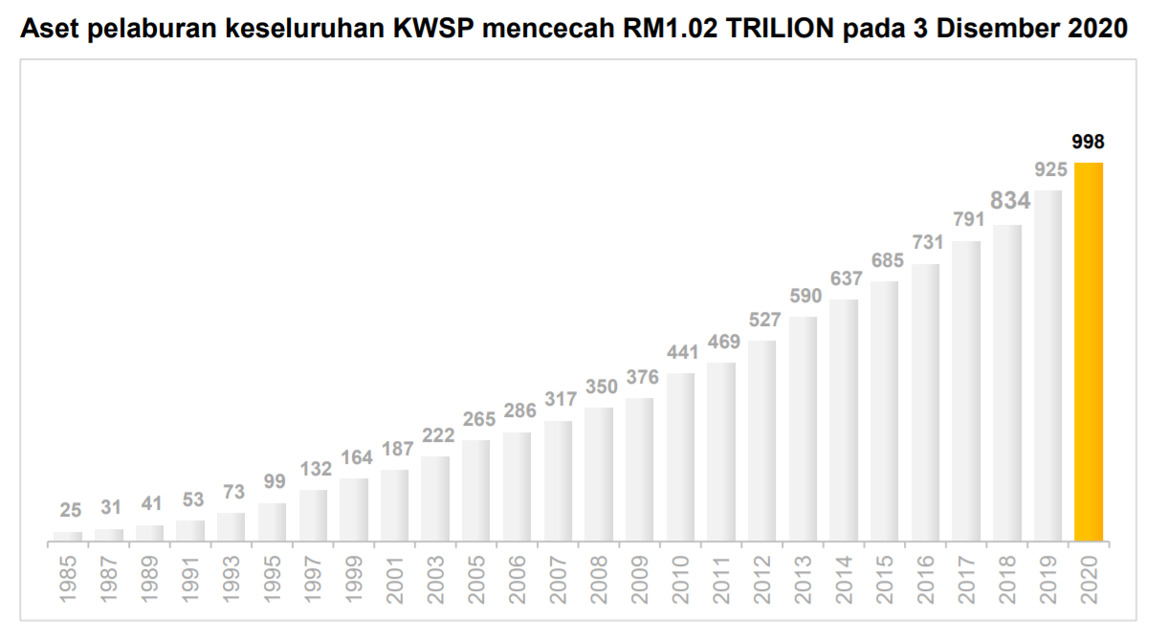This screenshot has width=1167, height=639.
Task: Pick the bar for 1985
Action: pyautogui.click(x=68, y=536)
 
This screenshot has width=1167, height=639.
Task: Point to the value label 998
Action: pyautogui.click(x=1089, y=143)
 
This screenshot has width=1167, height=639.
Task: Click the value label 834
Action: pyautogui.click(x=1008, y=201)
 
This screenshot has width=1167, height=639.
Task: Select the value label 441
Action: pyautogui.click(x=681, y=353)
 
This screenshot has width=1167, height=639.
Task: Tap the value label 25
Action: pyautogui.click(x=70, y=510)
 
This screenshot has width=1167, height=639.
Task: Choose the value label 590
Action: pyautogui.click(x=804, y=296)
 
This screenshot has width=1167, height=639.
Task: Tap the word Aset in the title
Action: pyautogui.click(x=49, y=30)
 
